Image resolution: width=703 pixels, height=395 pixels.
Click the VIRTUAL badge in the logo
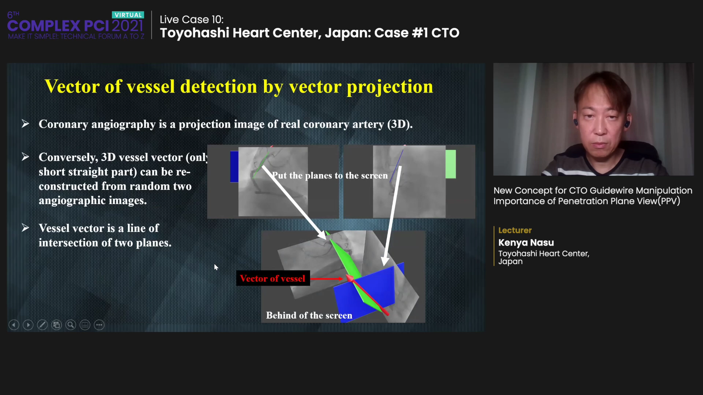click(x=128, y=15)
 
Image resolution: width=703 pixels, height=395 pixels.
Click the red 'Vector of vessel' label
click(x=273, y=278)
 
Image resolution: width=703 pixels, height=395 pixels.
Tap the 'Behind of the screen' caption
click(x=309, y=315)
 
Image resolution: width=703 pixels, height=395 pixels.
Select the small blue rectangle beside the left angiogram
click(x=234, y=166)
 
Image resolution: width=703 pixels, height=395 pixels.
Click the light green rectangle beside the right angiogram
click(x=451, y=164)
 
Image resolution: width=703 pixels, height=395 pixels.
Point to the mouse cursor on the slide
click(x=216, y=267)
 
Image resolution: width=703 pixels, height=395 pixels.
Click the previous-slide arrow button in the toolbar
click(x=14, y=325)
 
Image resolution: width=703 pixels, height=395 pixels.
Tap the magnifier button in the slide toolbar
click(x=71, y=325)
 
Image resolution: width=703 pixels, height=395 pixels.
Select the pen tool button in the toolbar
click(x=42, y=325)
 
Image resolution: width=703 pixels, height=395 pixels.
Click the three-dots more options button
click(x=99, y=325)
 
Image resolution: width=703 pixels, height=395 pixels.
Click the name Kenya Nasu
click(x=526, y=242)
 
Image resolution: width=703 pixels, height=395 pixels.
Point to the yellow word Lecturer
click(x=515, y=230)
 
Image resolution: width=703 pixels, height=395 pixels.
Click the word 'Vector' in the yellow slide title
click(x=72, y=87)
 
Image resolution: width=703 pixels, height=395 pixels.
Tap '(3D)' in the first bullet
click(x=400, y=124)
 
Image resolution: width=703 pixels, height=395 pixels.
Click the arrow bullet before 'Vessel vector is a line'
click(x=25, y=228)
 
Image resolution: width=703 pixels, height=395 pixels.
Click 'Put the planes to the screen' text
click(x=330, y=176)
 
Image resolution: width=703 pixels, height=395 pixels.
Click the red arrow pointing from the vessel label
click(x=327, y=279)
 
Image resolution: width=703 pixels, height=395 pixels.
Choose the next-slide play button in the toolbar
click(x=28, y=325)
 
